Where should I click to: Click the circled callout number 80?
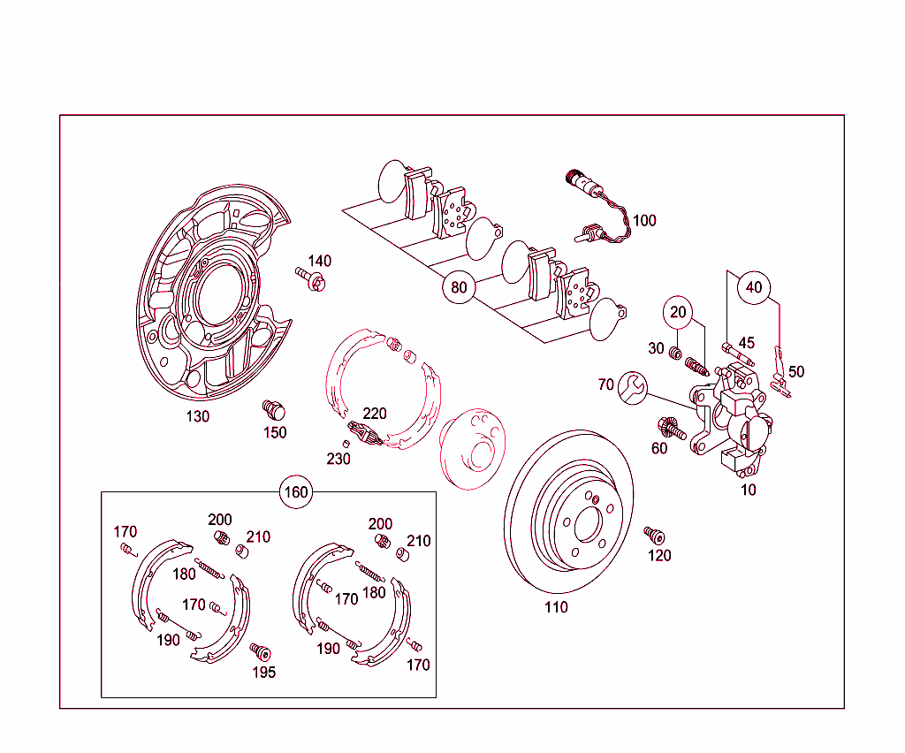(459, 287)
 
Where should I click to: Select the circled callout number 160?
(296, 491)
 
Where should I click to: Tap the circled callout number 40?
(753, 287)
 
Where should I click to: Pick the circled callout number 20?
(678, 312)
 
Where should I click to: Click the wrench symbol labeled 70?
(634, 386)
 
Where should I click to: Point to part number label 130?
(197, 416)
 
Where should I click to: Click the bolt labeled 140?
(310, 281)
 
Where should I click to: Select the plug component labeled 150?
(275, 410)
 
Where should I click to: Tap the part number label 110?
(556, 607)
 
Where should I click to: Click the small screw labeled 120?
(654, 536)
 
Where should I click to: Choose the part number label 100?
(644, 220)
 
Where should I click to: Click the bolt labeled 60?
(671, 430)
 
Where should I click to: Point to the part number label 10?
(749, 490)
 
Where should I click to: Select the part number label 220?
(375, 413)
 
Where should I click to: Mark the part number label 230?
(338, 459)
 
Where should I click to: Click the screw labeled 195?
(260, 652)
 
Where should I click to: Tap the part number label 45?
(747, 343)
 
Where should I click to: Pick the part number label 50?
(796, 372)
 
